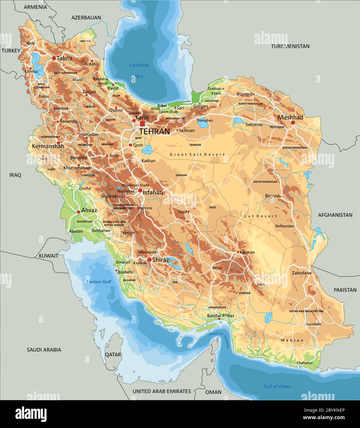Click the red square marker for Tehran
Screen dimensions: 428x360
[x=142, y=124]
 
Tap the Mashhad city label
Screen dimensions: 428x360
[x=290, y=117]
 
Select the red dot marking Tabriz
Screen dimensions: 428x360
[x=54, y=58]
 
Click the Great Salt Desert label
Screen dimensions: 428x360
[x=197, y=155]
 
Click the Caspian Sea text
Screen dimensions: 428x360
[x=139, y=71]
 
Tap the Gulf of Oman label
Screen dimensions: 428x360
[x=277, y=386]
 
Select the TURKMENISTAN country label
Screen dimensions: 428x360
[x=290, y=46]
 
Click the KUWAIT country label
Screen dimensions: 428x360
[x=48, y=256]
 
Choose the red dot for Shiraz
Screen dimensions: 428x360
[x=149, y=260]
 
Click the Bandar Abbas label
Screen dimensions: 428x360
[x=220, y=316]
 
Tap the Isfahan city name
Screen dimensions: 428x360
[x=153, y=192]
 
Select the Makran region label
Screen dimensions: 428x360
[x=292, y=340]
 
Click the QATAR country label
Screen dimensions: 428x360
[x=113, y=354]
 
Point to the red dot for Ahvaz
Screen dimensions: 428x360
[x=78, y=212]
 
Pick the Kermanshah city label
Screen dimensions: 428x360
[x=48, y=146]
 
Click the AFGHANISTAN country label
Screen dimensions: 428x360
[x=335, y=215]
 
